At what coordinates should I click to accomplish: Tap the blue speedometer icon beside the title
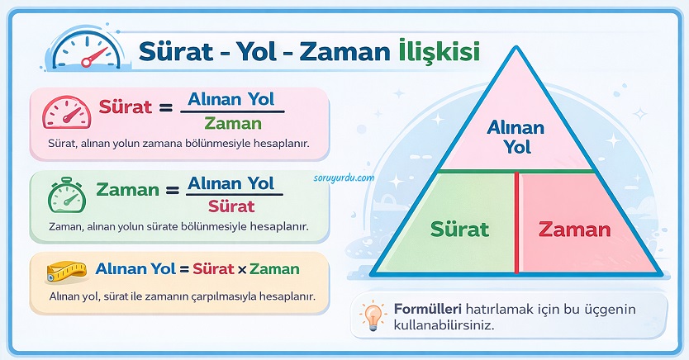(x=87, y=50)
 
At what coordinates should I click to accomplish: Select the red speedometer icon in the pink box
(x=67, y=112)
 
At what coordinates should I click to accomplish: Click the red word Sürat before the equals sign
(x=126, y=107)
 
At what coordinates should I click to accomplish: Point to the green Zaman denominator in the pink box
(x=233, y=124)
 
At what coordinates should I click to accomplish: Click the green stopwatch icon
(x=66, y=195)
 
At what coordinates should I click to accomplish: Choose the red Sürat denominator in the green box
(x=231, y=206)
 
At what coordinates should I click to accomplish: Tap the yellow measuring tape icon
(x=66, y=272)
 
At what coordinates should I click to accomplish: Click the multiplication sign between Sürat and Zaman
(x=242, y=269)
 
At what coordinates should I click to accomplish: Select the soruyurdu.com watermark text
(x=344, y=178)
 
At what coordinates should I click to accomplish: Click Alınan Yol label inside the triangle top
(x=516, y=137)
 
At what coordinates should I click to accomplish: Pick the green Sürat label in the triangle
(x=459, y=230)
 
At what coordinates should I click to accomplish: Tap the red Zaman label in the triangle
(x=575, y=230)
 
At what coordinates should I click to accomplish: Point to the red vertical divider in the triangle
(x=516, y=223)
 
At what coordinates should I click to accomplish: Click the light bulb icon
(x=373, y=315)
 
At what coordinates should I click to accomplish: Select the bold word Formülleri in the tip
(x=428, y=309)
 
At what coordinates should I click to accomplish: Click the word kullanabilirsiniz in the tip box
(x=444, y=326)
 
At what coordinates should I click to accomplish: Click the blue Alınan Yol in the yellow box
(x=135, y=268)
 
